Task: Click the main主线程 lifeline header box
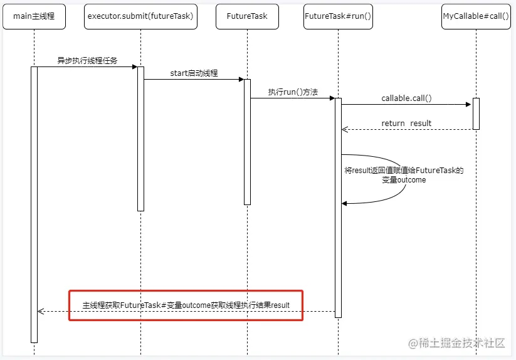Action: pos(34,16)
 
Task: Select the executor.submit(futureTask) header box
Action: pos(140,16)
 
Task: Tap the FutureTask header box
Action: pos(247,16)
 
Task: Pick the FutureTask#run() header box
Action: pos(338,16)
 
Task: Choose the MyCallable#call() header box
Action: pos(476,16)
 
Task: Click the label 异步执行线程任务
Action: pos(87,61)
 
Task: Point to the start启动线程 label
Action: pos(194,73)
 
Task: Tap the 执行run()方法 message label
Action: pos(293,92)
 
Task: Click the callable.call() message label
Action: pos(406,98)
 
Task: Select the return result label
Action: pos(406,124)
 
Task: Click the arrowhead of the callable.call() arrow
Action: pos(468,104)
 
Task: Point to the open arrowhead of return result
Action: pos(345,129)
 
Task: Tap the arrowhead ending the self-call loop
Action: pos(344,204)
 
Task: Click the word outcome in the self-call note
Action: pos(411,180)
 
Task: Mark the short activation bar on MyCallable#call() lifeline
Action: pos(476,114)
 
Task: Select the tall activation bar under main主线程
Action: pos(34,204)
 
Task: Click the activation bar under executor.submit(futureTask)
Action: pos(140,139)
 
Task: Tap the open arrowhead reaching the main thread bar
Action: pos(41,311)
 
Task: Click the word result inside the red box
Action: pos(280,305)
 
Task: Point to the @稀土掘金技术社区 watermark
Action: pos(456,343)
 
